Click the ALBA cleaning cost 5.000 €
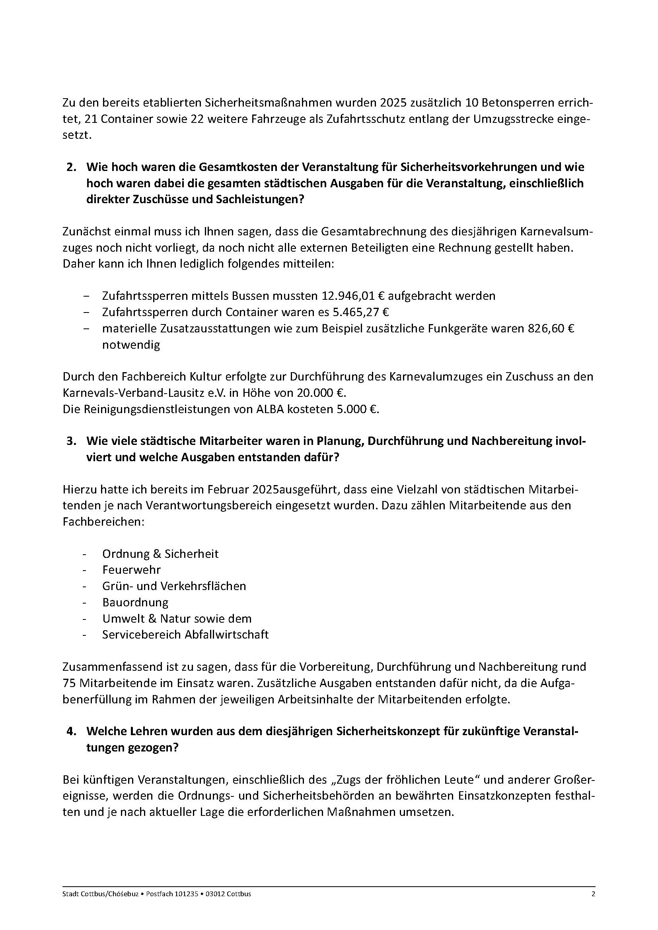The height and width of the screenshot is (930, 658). click(x=357, y=410)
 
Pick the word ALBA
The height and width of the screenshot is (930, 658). click(x=270, y=410)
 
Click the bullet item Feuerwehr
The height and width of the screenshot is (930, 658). click(x=131, y=570)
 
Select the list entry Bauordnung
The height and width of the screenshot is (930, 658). click(x=135, y=602)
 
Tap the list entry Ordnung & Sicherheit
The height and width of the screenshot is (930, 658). click(x=160, y=554)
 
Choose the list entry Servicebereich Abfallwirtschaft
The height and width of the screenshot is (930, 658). click(x=185, y=635)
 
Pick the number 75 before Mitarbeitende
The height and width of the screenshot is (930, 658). click(x=69, y=683)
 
